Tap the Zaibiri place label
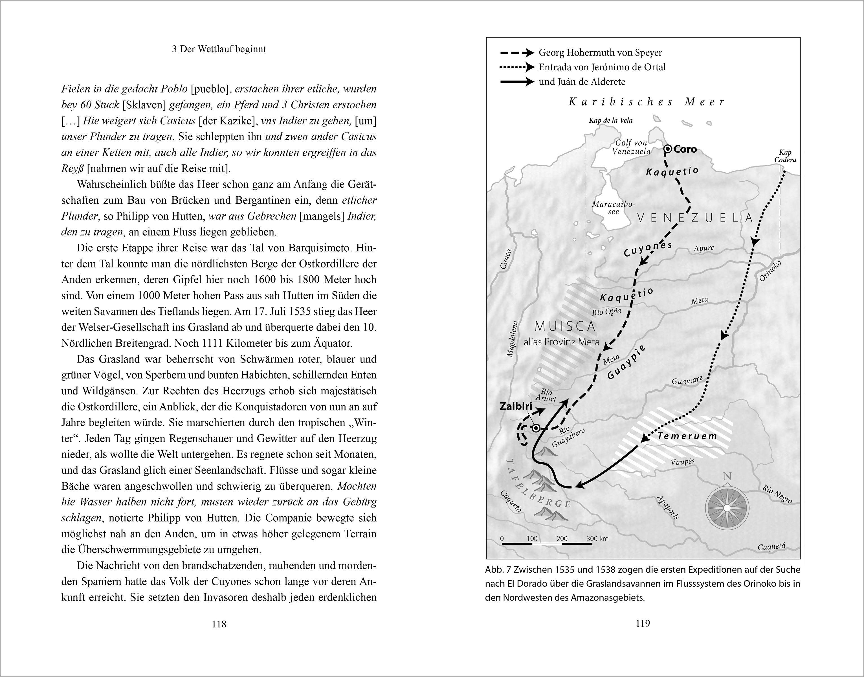pos(516,406)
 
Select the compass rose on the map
pos(727,508)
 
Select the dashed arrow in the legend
pos(517,52)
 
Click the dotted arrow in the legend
pos(517,67)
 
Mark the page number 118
pos(219,624)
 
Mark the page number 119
pos(643,623)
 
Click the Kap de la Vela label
pos(610,120)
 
